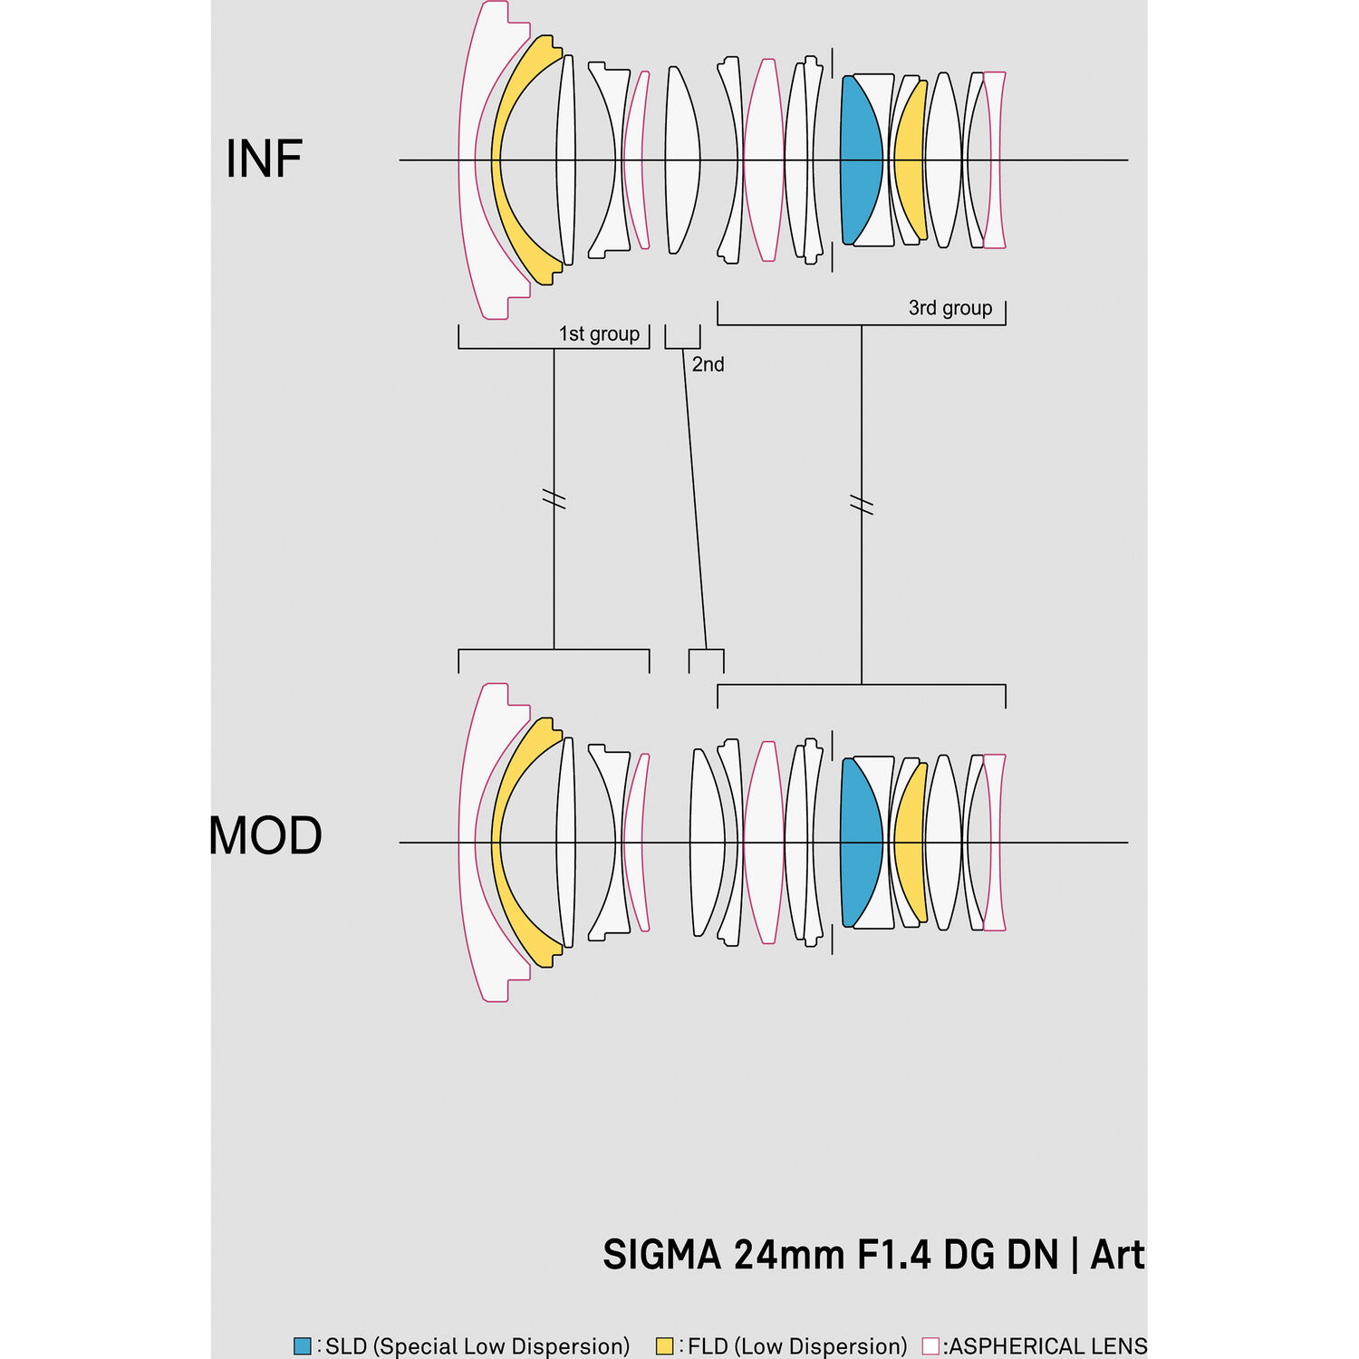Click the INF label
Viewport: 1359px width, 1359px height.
point(264,159)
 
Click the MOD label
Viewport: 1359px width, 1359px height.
point(265,835)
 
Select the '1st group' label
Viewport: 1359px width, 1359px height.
point(599,333)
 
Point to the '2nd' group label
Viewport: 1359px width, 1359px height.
point(708,364)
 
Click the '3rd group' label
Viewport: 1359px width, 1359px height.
point(950,308)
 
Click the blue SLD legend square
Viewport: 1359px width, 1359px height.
point(303,1345)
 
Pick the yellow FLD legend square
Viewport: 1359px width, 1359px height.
point(665,1345)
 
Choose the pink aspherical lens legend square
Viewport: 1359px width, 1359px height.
point(930,1345)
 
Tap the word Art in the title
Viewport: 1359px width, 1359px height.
point(1118,1255)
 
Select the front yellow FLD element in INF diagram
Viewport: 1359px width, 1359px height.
point(507,160)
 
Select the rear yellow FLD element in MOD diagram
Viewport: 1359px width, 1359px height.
point(911,843)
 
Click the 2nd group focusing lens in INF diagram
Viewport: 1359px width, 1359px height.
point(682,160)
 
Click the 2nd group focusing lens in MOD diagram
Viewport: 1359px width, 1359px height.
point(707,843)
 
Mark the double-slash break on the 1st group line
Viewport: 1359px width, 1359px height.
point(554,498)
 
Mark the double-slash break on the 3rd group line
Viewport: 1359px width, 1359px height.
point(862,505)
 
